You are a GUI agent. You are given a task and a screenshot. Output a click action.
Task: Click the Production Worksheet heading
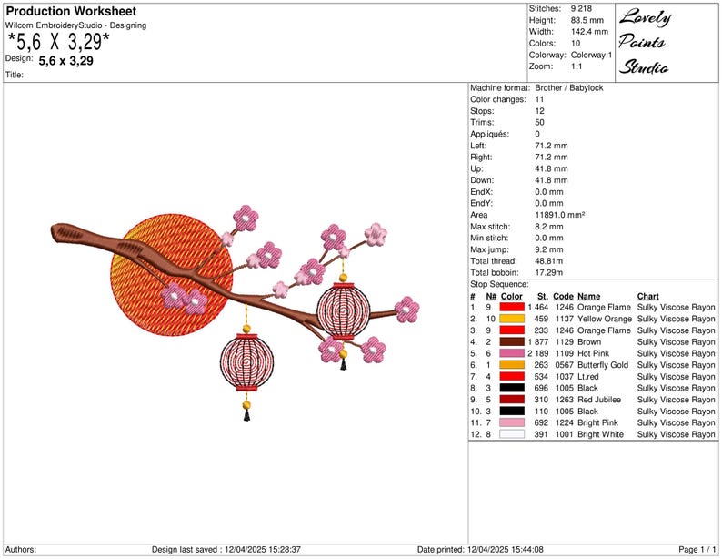[71, 11]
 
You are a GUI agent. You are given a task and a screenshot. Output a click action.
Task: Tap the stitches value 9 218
[581, 8]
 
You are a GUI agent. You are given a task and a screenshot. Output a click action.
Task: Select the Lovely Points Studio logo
[644, 43]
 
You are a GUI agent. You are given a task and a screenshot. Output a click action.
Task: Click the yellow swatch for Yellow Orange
[512, 319]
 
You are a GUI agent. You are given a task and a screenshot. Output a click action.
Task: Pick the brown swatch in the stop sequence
[512, 341]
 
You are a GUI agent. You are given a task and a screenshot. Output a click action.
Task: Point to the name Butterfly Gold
[603, 365]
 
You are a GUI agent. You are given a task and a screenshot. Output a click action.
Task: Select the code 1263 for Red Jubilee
[564, 400]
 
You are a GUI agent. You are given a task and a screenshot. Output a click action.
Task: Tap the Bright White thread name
[600, 434]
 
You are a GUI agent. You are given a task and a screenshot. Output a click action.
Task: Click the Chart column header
[647, 296]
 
